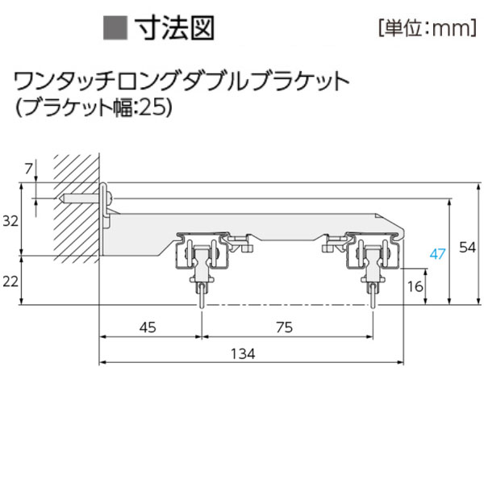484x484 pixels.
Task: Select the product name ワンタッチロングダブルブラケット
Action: [181, 81]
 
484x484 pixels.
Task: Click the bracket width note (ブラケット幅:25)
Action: [94, 107]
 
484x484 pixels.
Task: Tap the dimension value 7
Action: [29, 168]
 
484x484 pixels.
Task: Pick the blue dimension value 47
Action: [437, 254]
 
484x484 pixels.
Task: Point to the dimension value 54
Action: [467, 248]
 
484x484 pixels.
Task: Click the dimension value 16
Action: [415, 286]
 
